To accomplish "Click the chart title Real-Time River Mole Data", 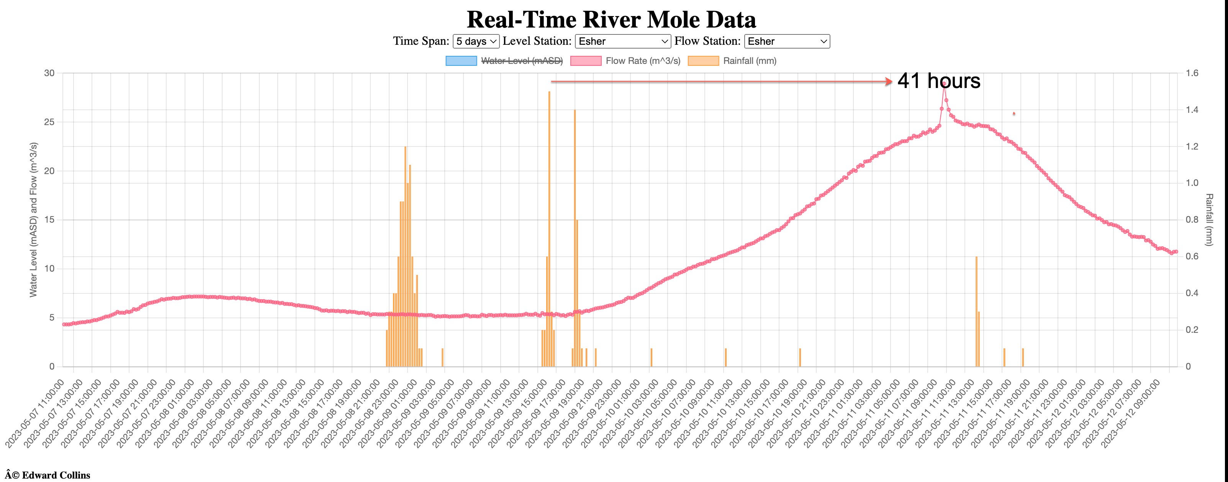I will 611,20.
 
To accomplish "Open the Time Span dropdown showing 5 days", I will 475,41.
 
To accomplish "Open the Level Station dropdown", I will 622,41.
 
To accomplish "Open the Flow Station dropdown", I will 787,41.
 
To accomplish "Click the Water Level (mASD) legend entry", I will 522,61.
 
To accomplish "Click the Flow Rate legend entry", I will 643,61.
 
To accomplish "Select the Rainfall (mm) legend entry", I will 749,61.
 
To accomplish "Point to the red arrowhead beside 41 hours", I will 889,81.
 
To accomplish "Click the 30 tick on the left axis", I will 49,73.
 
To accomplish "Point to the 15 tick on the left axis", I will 49,220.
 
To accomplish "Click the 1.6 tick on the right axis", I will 1192,73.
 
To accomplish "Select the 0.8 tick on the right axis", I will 1192,220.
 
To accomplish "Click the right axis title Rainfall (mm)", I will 1209,220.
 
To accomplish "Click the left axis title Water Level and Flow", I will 33,220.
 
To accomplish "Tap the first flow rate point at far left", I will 64,324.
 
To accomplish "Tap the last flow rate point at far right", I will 1176,251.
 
